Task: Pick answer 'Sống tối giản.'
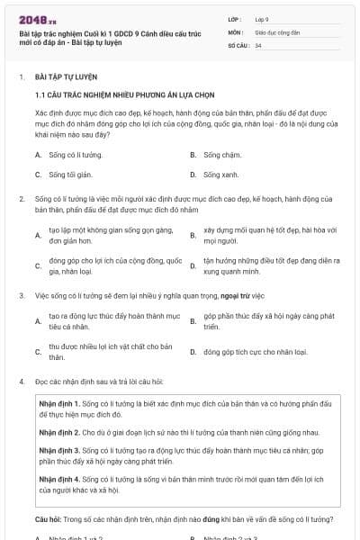[71, 175]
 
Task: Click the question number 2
[22, 198]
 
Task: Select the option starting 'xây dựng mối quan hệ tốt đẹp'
[267, 236]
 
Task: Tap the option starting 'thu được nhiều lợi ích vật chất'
[110, 351]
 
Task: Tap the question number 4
[22, 382]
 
